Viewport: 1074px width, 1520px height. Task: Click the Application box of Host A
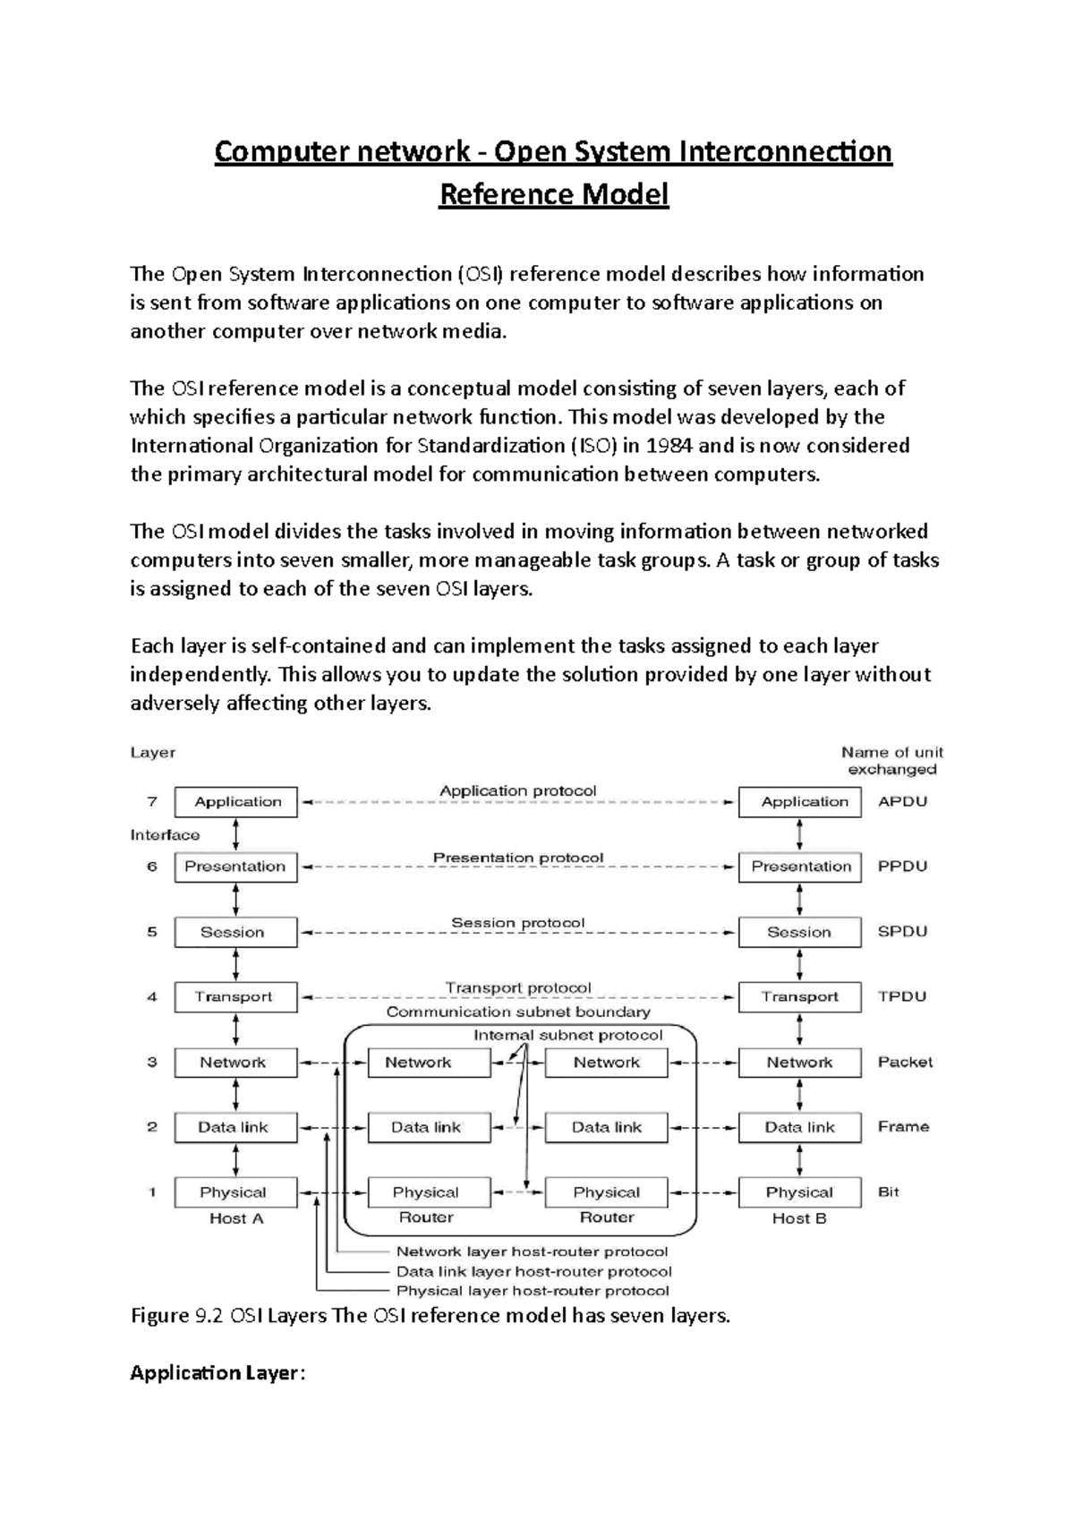236,802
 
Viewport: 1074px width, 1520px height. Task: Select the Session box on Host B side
799,932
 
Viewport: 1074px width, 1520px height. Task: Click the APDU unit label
902,802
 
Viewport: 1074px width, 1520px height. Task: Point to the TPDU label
902,996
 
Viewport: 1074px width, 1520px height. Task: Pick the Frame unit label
903,1127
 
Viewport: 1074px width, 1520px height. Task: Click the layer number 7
152,802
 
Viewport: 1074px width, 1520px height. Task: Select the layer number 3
152,1063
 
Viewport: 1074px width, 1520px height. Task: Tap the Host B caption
799,1218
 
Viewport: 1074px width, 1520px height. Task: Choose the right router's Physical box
606,1192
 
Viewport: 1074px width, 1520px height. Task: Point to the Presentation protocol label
518,858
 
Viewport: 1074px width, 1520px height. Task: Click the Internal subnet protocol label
568,1035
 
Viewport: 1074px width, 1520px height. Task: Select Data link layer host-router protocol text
533,1271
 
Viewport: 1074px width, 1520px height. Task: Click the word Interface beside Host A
165,835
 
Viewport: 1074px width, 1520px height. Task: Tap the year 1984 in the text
669,446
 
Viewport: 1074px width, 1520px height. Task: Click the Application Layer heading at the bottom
217,1373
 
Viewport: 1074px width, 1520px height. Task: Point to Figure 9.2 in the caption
175,1316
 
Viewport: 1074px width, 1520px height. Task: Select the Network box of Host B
799,1063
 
